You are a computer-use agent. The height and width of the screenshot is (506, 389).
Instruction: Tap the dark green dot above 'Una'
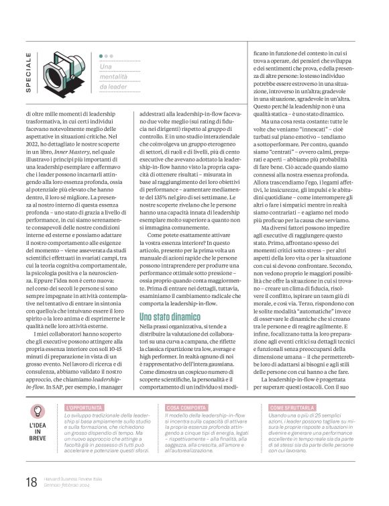(101, 56)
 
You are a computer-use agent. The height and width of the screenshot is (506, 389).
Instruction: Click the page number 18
(31, 481)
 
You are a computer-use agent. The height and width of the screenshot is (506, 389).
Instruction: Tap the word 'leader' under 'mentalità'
(115, 87)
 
